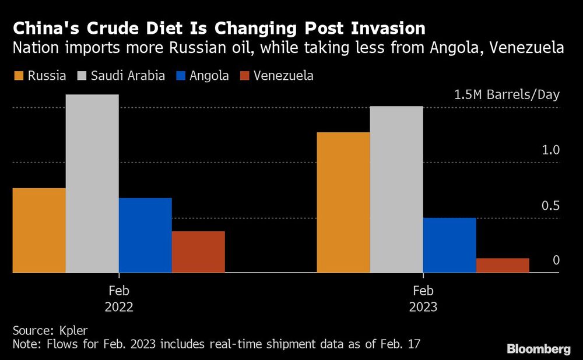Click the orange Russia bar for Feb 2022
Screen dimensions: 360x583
coord(39,230)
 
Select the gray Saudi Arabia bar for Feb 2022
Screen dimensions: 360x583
coord(92,183)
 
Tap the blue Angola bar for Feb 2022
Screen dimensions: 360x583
coord(145,235)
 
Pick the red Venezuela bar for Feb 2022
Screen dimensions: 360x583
coord(198,252)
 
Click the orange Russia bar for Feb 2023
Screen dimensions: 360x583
coord(343,202)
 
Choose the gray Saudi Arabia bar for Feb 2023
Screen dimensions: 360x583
coord(396,189)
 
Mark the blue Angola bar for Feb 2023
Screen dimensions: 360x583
coord(449,245)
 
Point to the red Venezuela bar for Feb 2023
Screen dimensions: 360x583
coord(503,265)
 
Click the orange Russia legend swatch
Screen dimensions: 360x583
coord(18,76)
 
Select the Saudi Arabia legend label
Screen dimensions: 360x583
coord(127,76)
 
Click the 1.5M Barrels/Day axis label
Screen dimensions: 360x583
coord(506,95)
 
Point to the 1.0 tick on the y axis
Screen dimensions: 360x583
coord(550,150)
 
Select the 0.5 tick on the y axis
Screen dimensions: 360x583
coord(550,206)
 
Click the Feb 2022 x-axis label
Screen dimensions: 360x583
coord(119,298)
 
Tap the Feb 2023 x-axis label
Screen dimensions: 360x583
coord(423,298)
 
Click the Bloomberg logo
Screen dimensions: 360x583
coord(538,349)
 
